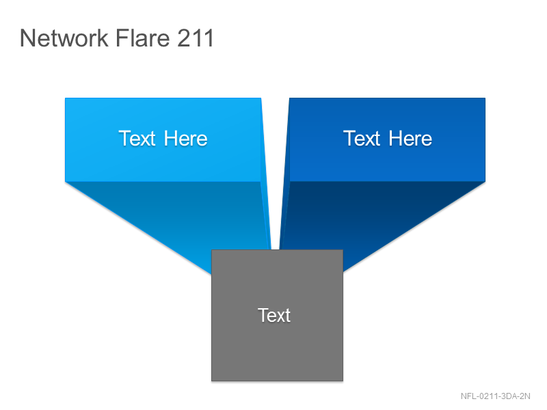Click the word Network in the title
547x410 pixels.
(x=64, y=38)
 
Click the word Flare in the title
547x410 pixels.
(x=143, y=38)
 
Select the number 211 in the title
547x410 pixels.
(x=196, y=38)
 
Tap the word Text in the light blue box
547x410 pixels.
(x=137, y=139)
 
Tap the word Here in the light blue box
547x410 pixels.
(x=185, y=139)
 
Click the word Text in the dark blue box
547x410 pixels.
(x=362, y=139)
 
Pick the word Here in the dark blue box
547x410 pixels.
(x=410, y=139)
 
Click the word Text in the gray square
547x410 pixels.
(x=274, y=315)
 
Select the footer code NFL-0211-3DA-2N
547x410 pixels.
(x=495, y=396)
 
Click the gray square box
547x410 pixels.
(x=278, y=316)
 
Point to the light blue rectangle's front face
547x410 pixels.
(x=163, y=140)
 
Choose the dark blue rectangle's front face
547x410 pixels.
(x=387, y=140)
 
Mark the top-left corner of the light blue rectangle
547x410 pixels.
(x=65, y=98)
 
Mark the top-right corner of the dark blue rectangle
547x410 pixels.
(x=485, y=98)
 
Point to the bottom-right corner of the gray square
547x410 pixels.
(x=343, y=381)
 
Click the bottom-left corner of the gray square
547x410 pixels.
(x=211, y=381)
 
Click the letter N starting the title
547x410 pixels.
(x=27, y=38)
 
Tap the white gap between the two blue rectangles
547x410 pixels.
(x=276, y=157)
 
